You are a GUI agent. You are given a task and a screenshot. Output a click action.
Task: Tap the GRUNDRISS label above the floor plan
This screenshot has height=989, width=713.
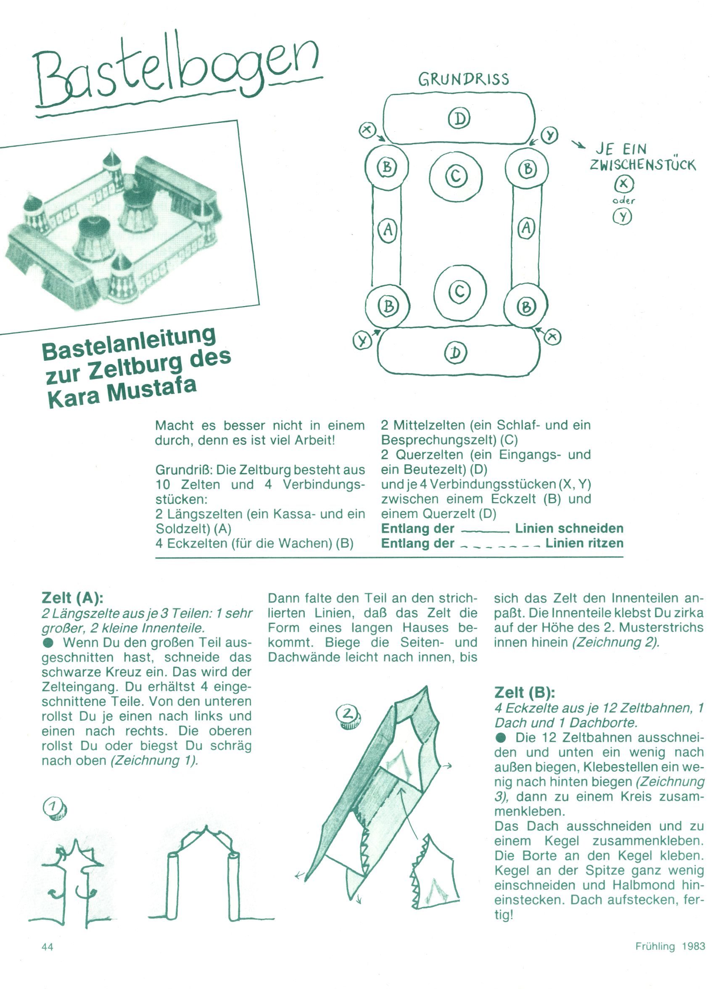463,79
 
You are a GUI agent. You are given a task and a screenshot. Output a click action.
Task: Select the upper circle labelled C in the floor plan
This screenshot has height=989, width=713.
456,176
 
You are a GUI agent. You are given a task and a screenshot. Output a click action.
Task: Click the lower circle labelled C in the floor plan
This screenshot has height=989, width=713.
460,291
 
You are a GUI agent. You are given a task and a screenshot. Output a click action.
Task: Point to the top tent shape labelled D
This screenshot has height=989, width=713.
459,118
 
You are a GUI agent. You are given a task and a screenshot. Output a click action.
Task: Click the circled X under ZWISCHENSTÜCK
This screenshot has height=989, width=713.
623,185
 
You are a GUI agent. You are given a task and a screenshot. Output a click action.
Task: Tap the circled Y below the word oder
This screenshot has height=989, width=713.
623,216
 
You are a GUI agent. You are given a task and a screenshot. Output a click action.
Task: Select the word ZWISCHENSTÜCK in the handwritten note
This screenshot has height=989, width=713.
642,165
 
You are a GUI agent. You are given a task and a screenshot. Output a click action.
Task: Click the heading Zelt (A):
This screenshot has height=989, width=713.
72,598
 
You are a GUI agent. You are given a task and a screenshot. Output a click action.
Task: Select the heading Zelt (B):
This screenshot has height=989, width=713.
525,692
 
